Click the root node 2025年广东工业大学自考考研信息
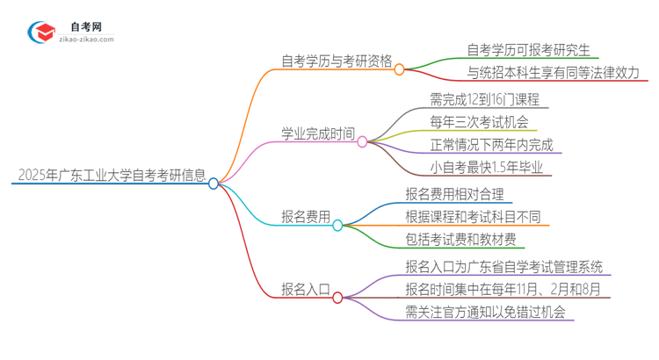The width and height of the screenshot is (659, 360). click(111, 175)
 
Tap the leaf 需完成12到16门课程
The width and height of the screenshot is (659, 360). click(485, 98)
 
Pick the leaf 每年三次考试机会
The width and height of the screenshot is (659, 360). click(479, 121)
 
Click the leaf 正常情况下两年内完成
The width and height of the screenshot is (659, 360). click(491, 144)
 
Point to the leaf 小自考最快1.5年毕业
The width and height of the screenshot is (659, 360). click(486, 167)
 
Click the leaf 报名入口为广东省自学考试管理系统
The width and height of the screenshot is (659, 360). click(504, 266)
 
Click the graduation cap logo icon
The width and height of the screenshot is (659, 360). click(42, 32)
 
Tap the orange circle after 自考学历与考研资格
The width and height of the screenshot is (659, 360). click(399, 68)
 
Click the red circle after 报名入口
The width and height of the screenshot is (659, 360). click(337, 298)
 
